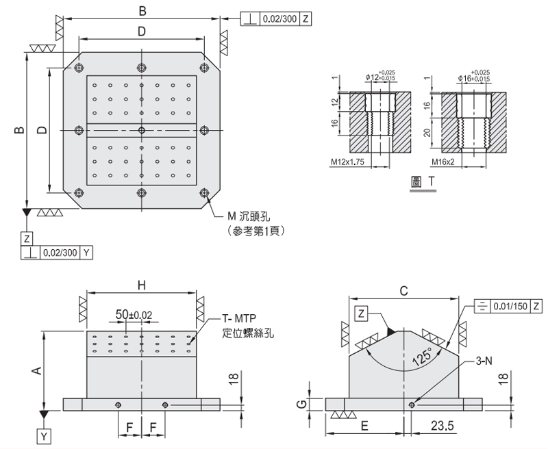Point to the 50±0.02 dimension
tap(134, 315)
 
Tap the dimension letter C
tap(403, 290)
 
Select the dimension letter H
tap(141, 284)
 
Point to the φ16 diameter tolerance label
tap(474, 76)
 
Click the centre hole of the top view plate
tap(141, 130)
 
